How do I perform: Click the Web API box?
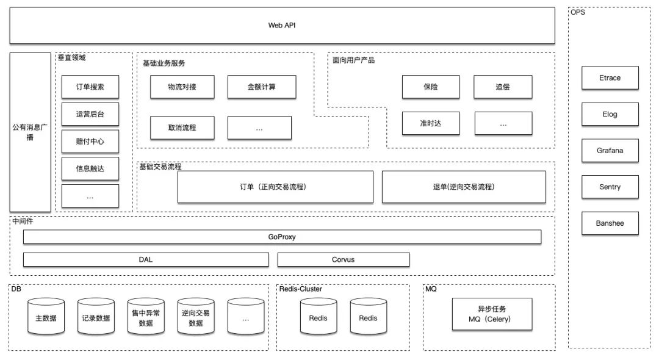pos(282,25)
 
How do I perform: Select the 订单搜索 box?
pos(90,87)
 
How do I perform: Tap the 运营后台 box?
pos(90,114)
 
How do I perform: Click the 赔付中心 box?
pos(90,142)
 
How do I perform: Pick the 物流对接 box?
pos(182,87)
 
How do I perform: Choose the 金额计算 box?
pos(262,87)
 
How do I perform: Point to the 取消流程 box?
pos(182,128)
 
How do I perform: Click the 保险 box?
pos(431,87)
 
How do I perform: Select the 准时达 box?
pos(431,123)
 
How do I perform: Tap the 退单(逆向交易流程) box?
pos(464,187)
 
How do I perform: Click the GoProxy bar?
pos(282,237)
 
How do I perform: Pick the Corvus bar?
pos(344,259)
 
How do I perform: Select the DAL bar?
pos(146,259)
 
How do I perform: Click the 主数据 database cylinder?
pos(46,317)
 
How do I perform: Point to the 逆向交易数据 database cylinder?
pos(196,317)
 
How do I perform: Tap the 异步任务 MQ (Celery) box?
pos(492,314)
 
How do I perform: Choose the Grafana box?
pos(610,151)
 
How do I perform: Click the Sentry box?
pos(610,187)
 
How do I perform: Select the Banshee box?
pos(610,223)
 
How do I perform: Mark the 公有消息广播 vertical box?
pos(31,132)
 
